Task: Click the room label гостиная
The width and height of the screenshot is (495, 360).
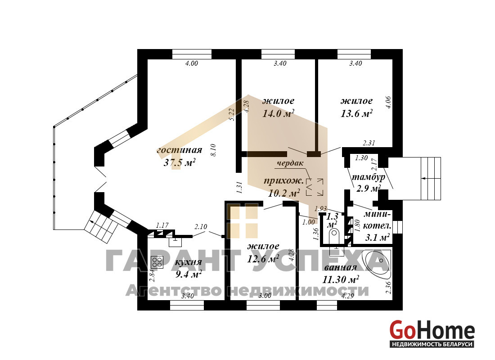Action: (179, 150)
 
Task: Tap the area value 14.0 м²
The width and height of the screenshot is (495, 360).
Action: (279, 113)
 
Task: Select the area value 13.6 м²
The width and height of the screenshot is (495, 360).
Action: (356, 113)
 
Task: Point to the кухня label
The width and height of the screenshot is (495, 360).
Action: (188, 262)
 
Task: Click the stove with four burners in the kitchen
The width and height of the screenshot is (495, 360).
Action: (157, 262)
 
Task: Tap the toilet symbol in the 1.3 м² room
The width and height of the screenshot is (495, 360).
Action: (334, 237)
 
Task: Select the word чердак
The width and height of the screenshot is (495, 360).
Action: (290, 163)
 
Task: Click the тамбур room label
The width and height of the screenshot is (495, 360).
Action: (369, 177)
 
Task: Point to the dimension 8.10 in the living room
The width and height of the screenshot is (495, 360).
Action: (213, 150)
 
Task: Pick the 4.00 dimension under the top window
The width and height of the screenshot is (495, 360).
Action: (191, 63)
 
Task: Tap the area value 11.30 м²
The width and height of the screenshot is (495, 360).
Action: (341, 280)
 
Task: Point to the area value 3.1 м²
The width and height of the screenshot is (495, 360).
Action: (377, 237)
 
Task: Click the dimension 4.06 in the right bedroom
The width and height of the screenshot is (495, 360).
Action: (389, 103)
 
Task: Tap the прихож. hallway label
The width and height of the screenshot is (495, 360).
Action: (284, 181)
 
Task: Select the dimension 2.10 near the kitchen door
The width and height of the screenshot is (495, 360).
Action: (201, 226)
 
